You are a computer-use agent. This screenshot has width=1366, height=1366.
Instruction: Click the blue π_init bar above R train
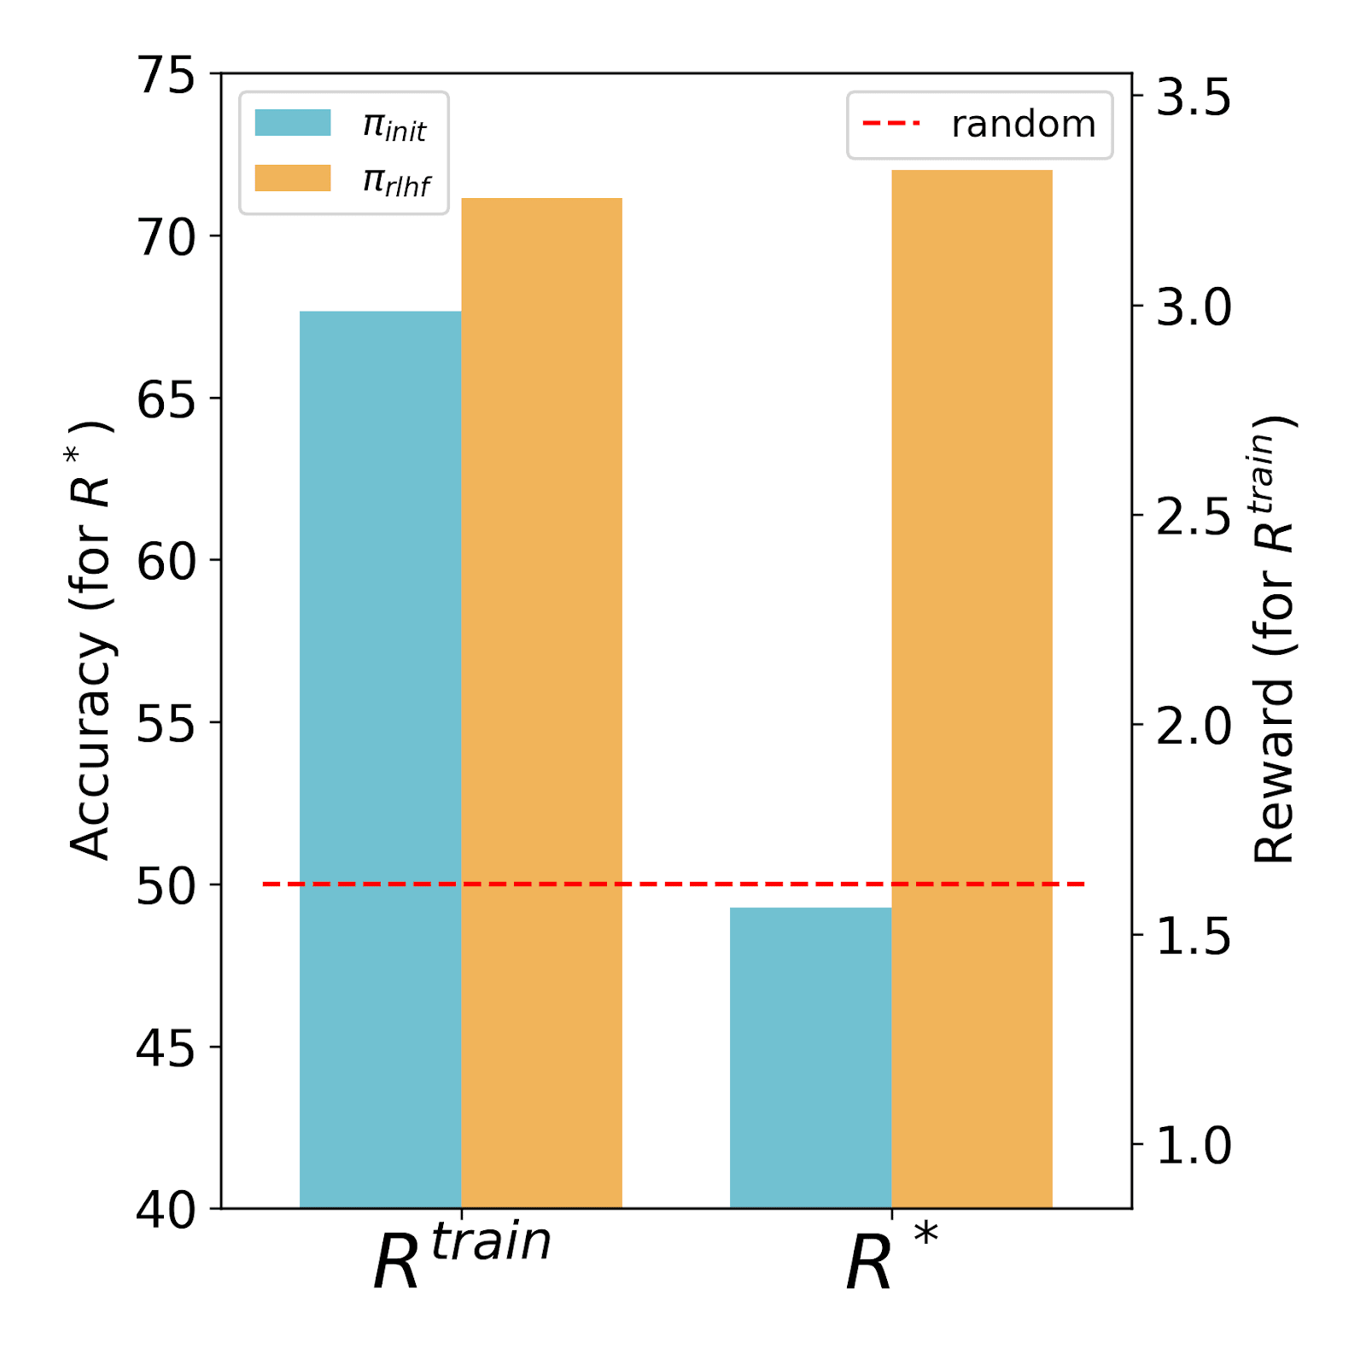coord(380,760)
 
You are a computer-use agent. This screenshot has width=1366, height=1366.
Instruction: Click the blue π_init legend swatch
coord(293,123)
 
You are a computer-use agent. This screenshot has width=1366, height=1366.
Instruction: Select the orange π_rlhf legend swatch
coord(293,178)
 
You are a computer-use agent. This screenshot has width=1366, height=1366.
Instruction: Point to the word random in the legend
coord(1023,125)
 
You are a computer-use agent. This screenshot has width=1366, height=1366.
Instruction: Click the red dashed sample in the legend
coord(891,124)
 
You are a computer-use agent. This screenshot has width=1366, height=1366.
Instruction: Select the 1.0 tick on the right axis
coord(1194,1145)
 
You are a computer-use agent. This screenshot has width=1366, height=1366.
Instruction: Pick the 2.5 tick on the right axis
coord(1194,516)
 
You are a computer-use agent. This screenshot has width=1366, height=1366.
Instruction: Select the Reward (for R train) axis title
coord(1273,640)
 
